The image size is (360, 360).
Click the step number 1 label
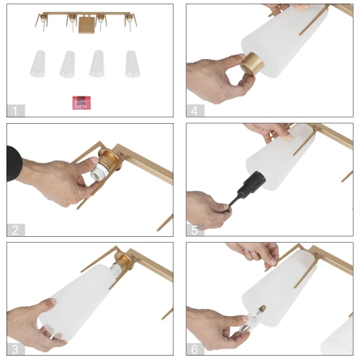(16, 111)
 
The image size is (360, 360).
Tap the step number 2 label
(16, 230)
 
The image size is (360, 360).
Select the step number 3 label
(16, 349)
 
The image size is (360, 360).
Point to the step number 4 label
(195, 111)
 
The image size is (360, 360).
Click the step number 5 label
(195, 230)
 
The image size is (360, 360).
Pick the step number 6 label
(195, 349)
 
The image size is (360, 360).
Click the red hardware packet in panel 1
(81, 103)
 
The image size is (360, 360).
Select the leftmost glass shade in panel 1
(38, 64)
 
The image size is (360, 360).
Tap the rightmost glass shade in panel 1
(132, 64)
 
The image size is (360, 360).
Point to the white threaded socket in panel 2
(99, 168)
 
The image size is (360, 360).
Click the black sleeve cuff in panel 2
(14, 163)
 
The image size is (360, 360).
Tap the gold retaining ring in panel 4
(252, 64)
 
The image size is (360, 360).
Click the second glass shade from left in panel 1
(68, 64)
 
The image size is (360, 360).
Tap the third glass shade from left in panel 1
(97, 63)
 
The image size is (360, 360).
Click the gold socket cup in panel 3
(123, 261)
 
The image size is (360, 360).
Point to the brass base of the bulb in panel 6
(263, 307)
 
